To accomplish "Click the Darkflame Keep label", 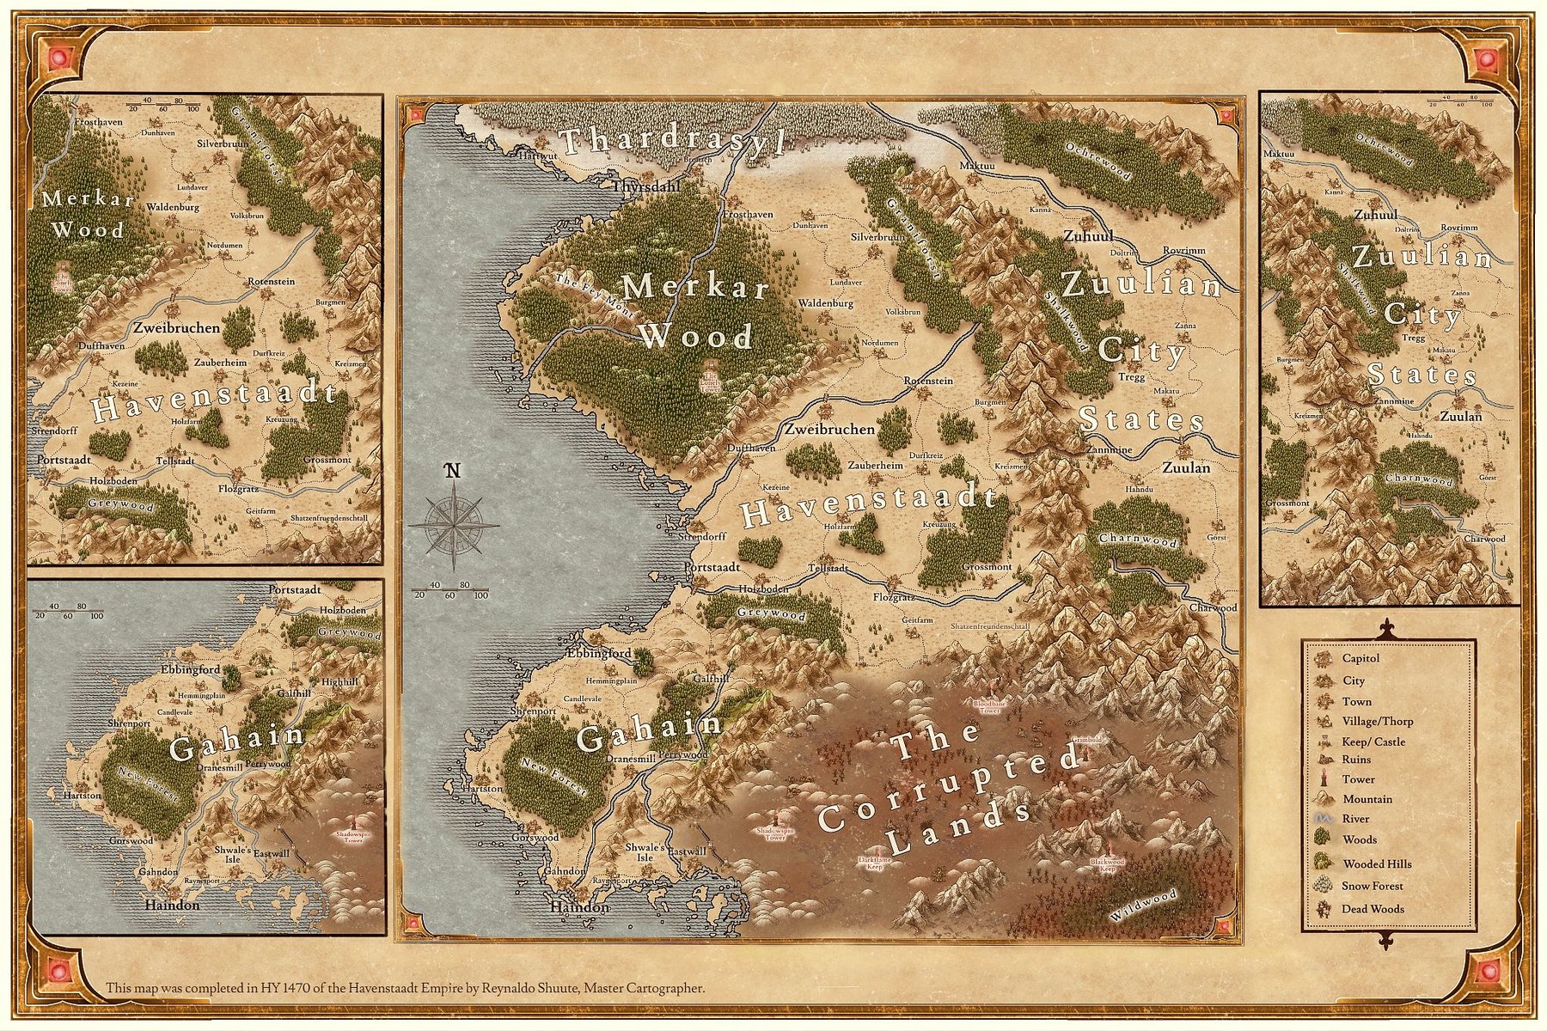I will click(x=875, y=862).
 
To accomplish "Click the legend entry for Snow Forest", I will click(x=1373, y=886).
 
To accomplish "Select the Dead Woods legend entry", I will click(x=1373, y=908).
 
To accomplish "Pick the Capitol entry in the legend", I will click(x=1361, y=658).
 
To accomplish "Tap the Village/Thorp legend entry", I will click(x=1377, y=721).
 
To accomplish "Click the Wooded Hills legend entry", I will click(x=1377, y=863).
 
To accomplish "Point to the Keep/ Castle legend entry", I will click(x=1373, y=741).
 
